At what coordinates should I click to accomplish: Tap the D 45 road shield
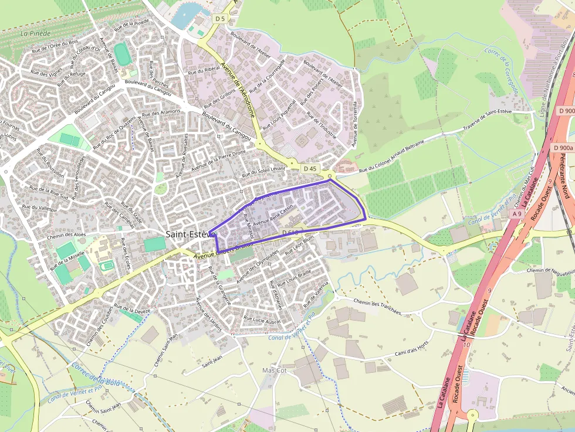pos(310,169)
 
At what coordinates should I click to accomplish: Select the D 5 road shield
pos(220,19)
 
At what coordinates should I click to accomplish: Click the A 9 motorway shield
pos(517,214)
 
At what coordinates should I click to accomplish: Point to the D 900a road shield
pos(563,148)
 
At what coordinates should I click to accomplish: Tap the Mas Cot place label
pos(274,370)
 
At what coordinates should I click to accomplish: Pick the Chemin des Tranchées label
pos(377,306)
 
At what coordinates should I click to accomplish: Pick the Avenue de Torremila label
pos(354,124)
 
